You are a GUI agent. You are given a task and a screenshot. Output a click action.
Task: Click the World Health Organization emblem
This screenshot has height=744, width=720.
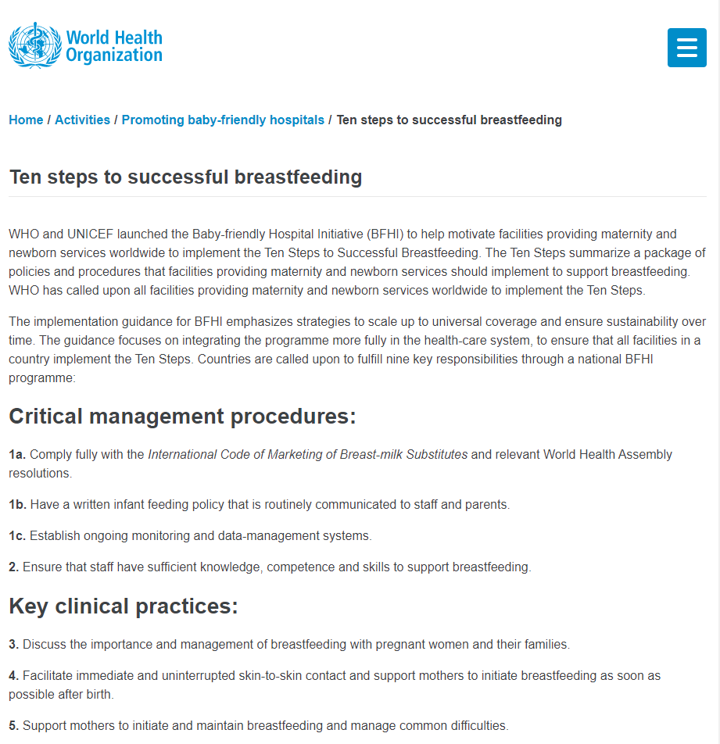(34, 45)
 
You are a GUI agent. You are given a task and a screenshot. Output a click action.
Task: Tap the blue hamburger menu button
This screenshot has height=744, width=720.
(686, 48)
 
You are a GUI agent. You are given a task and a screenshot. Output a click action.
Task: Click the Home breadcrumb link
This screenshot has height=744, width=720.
(26, 120)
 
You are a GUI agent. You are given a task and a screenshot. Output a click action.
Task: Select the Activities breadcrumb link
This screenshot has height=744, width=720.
(82, 120)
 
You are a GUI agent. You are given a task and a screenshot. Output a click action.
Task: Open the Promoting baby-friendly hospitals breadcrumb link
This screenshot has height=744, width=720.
(223, 120)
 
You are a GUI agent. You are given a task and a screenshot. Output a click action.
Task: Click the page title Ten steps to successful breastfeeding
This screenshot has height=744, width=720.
(185, 177)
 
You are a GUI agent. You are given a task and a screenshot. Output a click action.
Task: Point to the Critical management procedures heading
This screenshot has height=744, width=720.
(182, 417)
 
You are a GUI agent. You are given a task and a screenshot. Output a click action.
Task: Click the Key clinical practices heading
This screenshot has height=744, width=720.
(124, 606)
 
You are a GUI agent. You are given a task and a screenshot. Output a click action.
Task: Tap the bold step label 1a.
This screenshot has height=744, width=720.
(17, 455)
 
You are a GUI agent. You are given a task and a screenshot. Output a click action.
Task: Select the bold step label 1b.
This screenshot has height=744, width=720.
(17, 505)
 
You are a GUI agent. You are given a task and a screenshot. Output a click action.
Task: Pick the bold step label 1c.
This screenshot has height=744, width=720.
(17, 536)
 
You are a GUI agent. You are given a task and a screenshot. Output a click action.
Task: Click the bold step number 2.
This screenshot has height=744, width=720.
(13, 567)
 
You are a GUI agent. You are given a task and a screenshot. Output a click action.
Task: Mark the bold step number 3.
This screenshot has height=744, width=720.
(13, 645)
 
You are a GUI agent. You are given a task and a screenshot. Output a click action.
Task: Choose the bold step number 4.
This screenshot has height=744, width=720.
(13, 676)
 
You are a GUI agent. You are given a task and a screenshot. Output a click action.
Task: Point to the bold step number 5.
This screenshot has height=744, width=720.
(13, 726)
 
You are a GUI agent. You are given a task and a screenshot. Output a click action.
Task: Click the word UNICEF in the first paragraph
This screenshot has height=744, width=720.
(95, 234)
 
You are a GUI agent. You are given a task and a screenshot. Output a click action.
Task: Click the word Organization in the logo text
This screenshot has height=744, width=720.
(114, 55)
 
